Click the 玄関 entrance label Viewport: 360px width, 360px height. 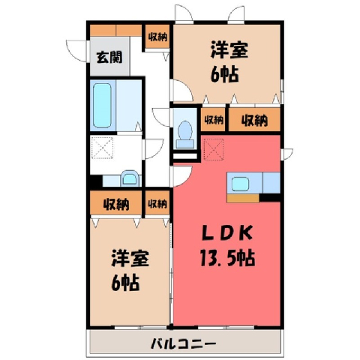[x=109, y=57]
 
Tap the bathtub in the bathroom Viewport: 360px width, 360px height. [x=102, y=106]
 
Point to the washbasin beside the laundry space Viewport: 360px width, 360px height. [x=129, y=178]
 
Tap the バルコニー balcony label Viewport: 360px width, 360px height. [x=183, y=343]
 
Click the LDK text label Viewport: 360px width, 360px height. [x=227, y=233]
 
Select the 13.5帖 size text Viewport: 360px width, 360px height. [x=227, y=258]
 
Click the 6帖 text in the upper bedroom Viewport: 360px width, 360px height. [x=224, y=74]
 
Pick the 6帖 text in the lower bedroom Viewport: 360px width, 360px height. [x=125, y=283]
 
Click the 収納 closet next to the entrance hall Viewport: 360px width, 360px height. [x=157, y=37]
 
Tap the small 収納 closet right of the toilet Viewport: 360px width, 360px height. [x=213, y=120]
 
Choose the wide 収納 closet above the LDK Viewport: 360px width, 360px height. [x=254, y=120]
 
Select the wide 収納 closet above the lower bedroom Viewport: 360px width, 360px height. [x=116, y=204]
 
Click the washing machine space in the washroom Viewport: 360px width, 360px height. [x=102, y=148]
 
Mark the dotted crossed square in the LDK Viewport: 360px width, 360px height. [x=214, y=149]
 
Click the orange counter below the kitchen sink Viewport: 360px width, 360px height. [x=243, y=198]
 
